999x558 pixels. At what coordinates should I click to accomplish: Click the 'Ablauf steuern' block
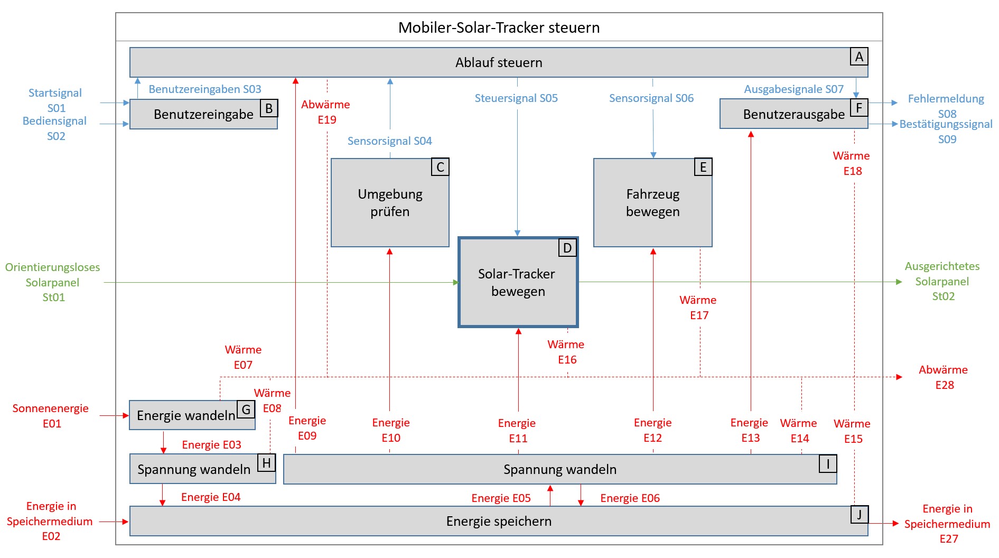coord(498,62)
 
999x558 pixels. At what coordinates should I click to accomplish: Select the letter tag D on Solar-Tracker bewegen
coord(567,248)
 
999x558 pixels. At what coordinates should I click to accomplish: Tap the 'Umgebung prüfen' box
coord(390,203)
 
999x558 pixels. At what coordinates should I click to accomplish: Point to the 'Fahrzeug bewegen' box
coord(652,203)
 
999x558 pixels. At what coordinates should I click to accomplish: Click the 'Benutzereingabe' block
coord(203,114)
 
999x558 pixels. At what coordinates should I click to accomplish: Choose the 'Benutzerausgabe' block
coord(793,114)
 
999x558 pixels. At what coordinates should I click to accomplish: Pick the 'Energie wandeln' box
coord(186,415)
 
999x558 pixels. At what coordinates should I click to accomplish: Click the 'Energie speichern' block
coord(498,522)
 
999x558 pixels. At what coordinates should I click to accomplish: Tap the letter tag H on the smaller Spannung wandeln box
coord(266,463)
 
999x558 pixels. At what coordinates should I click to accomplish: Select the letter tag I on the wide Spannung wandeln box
coord(828,464)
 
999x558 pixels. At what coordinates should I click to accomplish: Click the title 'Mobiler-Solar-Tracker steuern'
coord(499,27)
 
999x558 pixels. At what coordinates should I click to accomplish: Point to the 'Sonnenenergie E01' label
coord(51,416)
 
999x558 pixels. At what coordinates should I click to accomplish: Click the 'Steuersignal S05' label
coord(516,98)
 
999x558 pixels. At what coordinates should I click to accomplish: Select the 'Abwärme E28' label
coord(944,377)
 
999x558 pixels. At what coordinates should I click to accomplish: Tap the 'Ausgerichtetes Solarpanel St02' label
coord(942,281)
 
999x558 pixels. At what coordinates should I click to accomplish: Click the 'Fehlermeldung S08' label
coord(946,106)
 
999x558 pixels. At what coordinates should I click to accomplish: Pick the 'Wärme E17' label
coord(698,308)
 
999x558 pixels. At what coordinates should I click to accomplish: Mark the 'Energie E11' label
coord(517,430)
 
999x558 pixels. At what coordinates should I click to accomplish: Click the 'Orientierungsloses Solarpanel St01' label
coord(53,282)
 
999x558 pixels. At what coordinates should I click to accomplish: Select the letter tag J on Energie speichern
coord(859,515)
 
